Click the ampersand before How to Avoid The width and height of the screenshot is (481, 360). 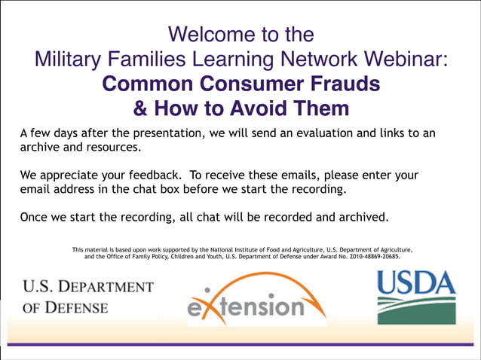point(141,108)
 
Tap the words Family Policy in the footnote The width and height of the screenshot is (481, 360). point(155,256)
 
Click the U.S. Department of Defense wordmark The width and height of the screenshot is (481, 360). point(87,297)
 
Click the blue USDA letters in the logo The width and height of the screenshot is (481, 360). point(416,285)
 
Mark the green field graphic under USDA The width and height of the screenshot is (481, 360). point(416,310)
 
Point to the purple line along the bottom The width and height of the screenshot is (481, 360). point(240,344)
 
